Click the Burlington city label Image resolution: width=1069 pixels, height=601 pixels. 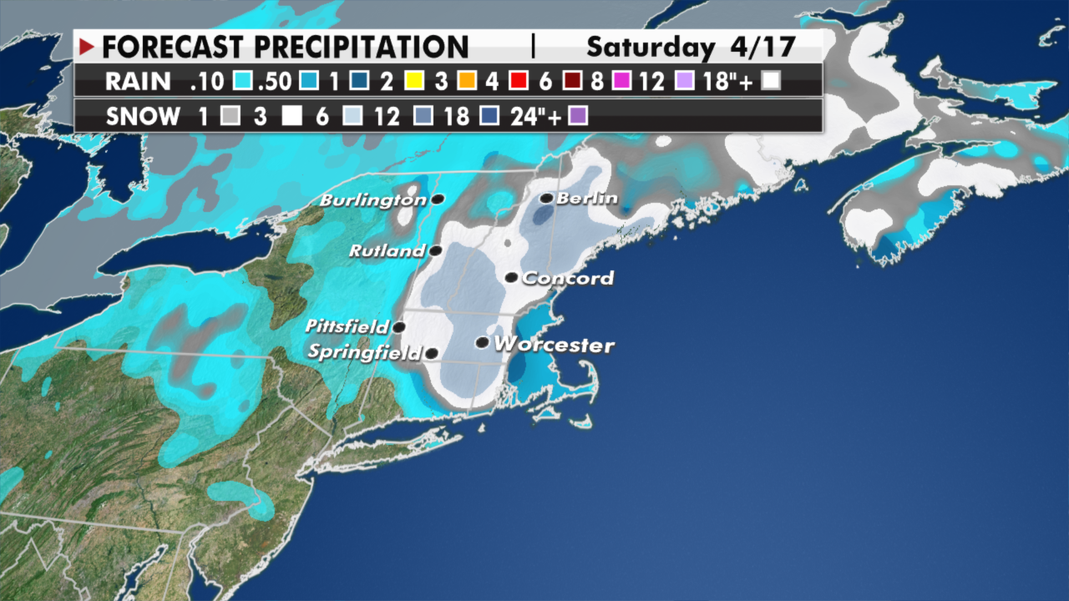coord(372,201)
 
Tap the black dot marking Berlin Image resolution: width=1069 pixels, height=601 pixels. coord(546,199)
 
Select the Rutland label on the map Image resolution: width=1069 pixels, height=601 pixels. coord(387,251)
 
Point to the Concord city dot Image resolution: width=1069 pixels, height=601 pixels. coord(512,277)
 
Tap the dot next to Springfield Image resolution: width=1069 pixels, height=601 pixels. coord(432,353)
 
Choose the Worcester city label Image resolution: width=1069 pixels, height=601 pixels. coord(553,345)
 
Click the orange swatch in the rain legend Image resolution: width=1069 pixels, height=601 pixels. coord(469,82)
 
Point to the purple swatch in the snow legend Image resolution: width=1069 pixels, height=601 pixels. coord(578,116)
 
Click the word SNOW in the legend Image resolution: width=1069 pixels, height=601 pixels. coord(143,116)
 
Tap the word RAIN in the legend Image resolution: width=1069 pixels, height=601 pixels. coord(139,82)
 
